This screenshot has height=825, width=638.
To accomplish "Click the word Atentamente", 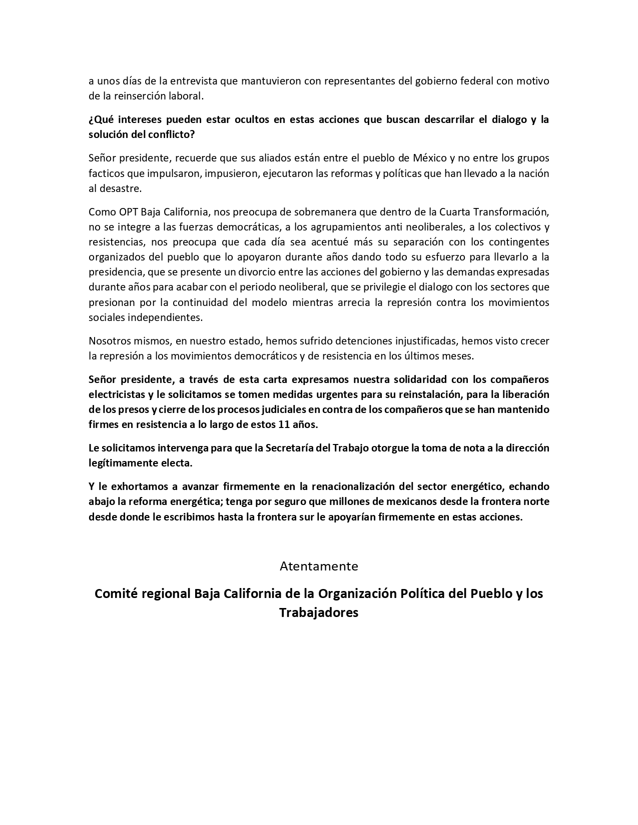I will point(319,566).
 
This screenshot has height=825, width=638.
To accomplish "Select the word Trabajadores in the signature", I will point(319,612).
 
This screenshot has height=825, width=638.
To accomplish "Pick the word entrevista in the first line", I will point(193,81).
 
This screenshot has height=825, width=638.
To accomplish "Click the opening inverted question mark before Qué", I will point(91,119).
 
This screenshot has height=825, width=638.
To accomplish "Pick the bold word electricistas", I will point(116,394).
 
